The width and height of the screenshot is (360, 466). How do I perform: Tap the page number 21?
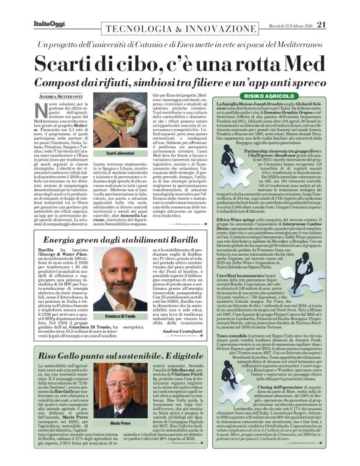(338, 24)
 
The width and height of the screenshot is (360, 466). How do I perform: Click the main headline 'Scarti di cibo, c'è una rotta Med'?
(179, 65)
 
